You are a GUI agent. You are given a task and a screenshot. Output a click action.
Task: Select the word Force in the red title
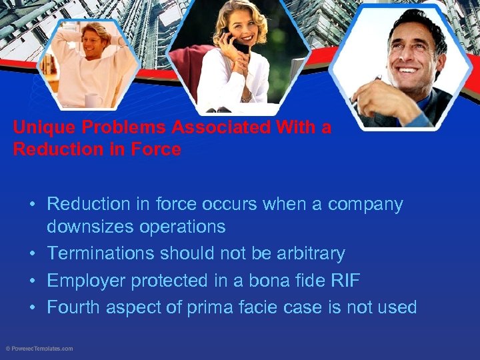tap(159, 149)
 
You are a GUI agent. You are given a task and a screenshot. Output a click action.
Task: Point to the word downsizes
tap(89, 227)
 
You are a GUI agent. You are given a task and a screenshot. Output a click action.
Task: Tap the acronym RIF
tap(344, 281)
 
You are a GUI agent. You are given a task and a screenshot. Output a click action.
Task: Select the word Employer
tap(86, 281)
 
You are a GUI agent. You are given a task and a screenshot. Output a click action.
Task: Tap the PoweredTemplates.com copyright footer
tap(39, 349)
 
